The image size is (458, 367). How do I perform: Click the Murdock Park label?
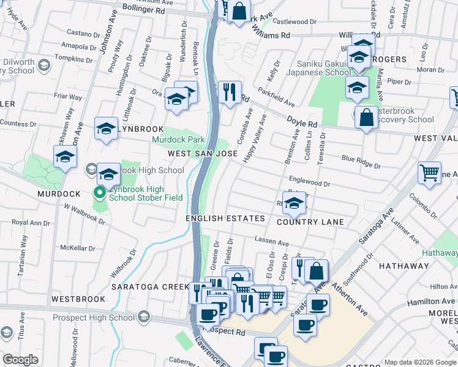[178, 139]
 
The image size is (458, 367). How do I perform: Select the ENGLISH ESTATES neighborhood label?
[225, 218]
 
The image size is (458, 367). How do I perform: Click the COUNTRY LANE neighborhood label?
[310, 222]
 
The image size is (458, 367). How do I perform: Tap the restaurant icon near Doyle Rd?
[230, 92]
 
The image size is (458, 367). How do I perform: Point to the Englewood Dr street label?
[310, 183]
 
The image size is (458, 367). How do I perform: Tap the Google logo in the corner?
[21, 360]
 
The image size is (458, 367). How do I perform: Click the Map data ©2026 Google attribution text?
[420, 362]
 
